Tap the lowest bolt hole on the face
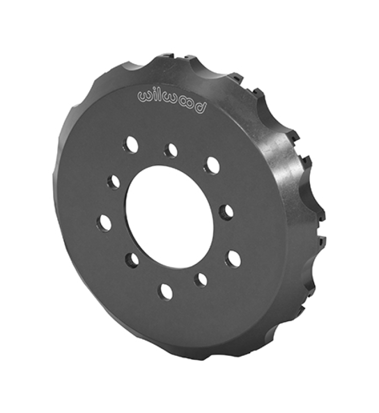point(166,291)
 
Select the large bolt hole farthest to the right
point(233,258)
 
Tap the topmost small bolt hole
point(171,150)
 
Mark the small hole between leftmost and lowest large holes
point(133,260)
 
